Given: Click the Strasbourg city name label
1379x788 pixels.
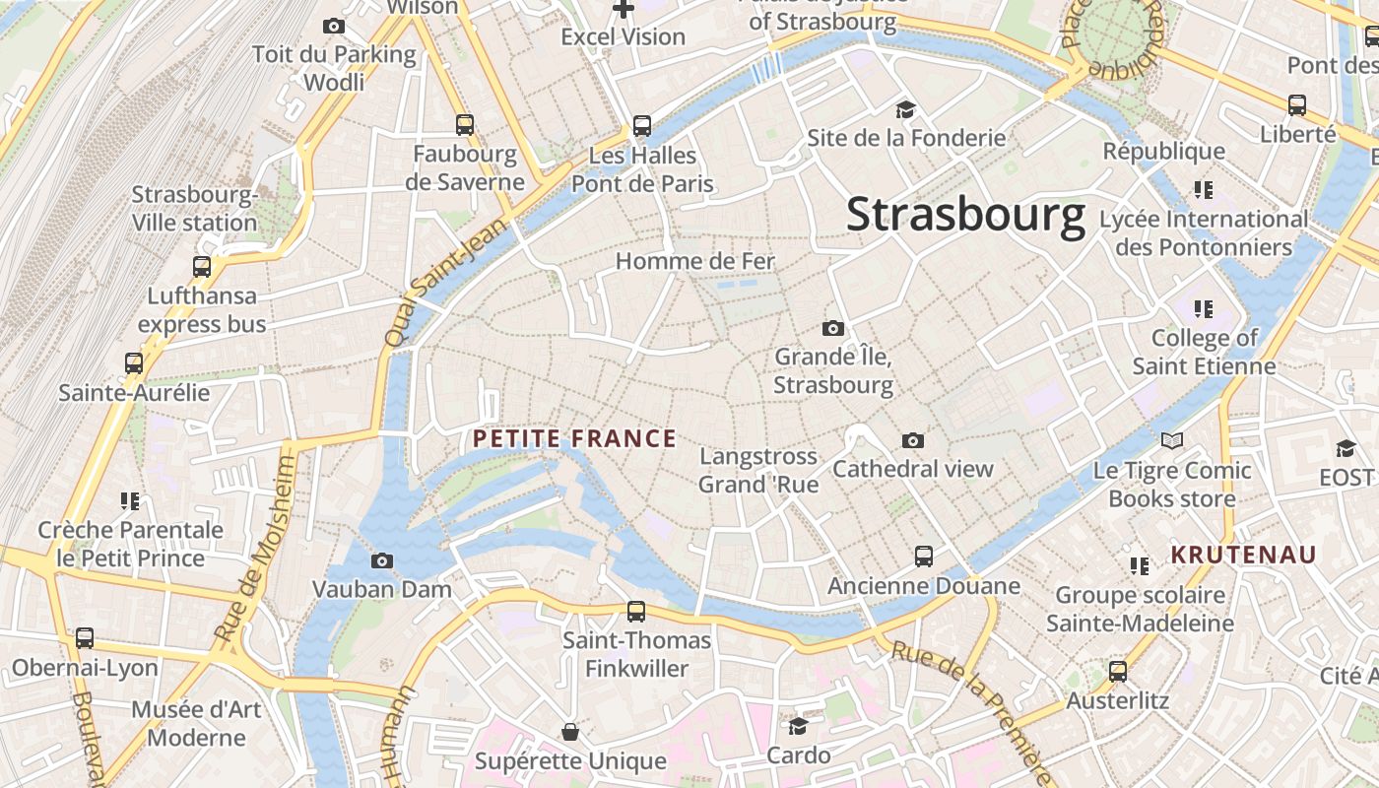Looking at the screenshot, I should (x=965, y=215).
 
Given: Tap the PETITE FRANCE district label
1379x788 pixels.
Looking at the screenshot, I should (x=575, y=438).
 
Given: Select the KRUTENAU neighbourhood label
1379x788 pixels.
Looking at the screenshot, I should (x=1243, y=555).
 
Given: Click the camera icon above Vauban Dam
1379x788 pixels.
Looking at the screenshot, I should (x=382, y=561).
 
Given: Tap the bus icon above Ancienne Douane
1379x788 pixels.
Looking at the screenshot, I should (x=923, y=557).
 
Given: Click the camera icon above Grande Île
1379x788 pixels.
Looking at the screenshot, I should (x=833, y=328).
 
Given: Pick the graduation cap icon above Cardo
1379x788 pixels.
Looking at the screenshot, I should (x=798, y=727).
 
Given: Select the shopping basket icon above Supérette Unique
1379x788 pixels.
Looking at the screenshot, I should (x=569, y=732).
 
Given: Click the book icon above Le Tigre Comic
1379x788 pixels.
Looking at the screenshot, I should (x=1171, y=440).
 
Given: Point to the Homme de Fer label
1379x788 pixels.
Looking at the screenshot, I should (x=695, y=261).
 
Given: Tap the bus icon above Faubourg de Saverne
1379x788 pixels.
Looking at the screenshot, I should (x=465, y=125).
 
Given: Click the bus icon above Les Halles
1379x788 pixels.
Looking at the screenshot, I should (x=642, y=126).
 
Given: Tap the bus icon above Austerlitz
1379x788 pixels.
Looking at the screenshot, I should (x=1117, y=672).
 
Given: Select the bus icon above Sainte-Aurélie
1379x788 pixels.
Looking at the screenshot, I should (x=134, y=363).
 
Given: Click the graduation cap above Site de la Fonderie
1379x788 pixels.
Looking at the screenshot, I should (x=905, y=109).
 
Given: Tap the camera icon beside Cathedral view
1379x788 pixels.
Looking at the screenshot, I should (x=913, y=440).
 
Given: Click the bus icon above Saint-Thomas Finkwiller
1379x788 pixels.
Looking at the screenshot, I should (x=636, y=612).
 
